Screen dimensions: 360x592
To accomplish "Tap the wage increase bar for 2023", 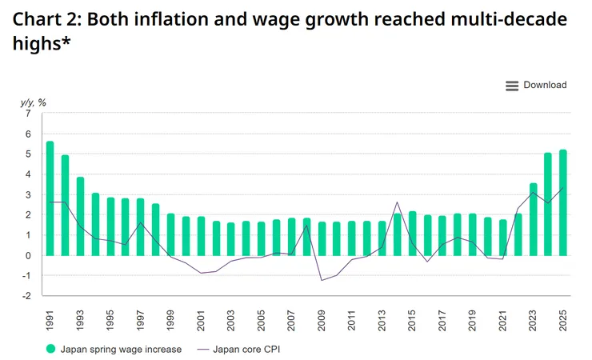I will (533, 219).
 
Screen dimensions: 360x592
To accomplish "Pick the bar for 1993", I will (80, 216).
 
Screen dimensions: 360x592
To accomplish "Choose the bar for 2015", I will (412, 234).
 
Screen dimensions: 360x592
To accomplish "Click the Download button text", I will (545, 85).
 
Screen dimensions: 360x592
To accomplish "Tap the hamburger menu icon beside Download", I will (512, 86).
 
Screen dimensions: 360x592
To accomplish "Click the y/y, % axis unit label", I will (33, 102).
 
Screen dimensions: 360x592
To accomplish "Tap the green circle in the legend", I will (50, 349).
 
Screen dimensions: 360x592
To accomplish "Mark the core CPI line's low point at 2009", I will (322, 280).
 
